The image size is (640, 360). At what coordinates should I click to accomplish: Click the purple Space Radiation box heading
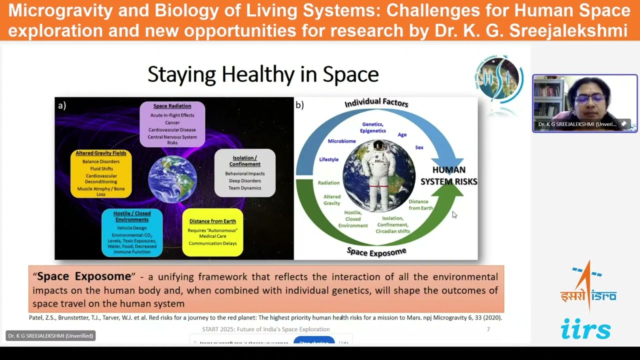[x=172, y=106]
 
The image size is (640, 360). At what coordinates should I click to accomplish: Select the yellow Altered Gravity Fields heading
[x=101, y=153]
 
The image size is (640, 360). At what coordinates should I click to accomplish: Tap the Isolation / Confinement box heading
[x=244, y=161]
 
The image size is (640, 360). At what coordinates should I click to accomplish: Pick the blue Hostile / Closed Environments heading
[x=132, y=216]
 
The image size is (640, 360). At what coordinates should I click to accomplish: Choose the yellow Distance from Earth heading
[x=212, y=221]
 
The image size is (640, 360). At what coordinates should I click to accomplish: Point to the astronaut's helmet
[x=378, y=145]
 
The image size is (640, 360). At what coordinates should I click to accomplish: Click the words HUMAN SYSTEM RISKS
[x=448, y=175]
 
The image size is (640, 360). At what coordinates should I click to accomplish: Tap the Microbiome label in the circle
[x=341, y=141]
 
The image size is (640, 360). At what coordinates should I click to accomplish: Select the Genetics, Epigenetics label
[x=373, y=127]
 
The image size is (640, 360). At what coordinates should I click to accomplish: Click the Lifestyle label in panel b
[x=328, y=159]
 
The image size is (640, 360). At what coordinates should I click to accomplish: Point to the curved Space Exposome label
[x=376, y=251]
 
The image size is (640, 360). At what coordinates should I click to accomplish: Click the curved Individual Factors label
[x=376, y=102]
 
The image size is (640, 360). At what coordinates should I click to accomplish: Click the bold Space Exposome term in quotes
[x=84, y=276]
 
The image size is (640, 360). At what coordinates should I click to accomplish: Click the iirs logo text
[x=585, y=329]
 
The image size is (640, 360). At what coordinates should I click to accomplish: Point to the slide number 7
[x=488, y=329]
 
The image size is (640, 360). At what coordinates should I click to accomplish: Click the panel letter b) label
[x=300, y=105]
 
